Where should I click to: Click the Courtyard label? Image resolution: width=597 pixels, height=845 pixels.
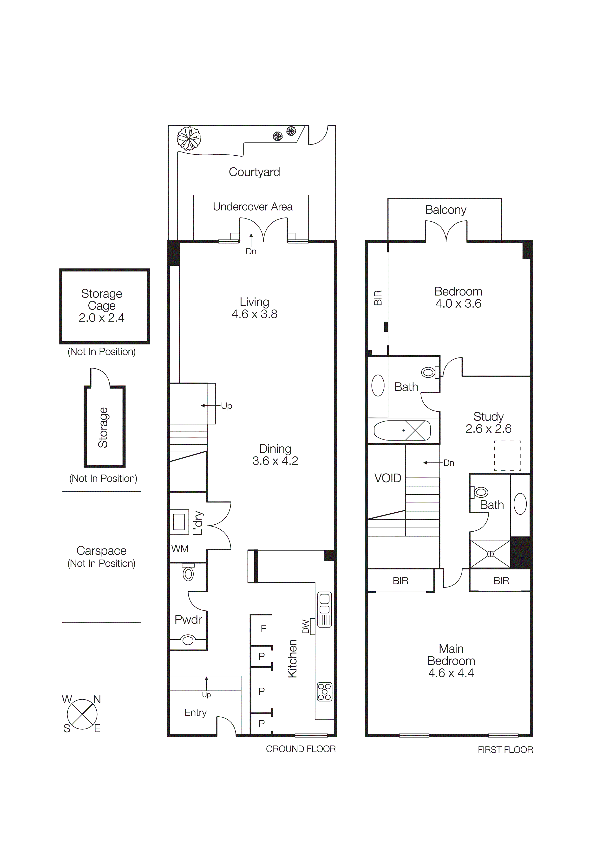pos(254,172)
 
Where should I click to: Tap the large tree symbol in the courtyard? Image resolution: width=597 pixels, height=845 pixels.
pos(189,138)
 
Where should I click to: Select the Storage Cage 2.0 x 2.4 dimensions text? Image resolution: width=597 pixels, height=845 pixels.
pos(102,318)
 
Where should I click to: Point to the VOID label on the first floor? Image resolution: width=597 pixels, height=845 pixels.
pos(387,478)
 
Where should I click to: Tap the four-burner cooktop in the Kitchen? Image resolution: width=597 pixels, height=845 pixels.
pos(324,692)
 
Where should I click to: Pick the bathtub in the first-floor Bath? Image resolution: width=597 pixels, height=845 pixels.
pos(402,430)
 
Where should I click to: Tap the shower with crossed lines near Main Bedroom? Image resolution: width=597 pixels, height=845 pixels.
pos(490,554)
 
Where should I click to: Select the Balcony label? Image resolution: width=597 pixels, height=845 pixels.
pos(446,210)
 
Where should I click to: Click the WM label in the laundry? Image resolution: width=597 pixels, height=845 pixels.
pos(180,549)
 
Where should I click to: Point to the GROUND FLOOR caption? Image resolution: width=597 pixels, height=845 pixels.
pos(301,749)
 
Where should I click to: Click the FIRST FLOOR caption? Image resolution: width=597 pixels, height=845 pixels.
pos(505,750)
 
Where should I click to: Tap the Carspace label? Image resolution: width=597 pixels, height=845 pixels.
pos(102,551)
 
